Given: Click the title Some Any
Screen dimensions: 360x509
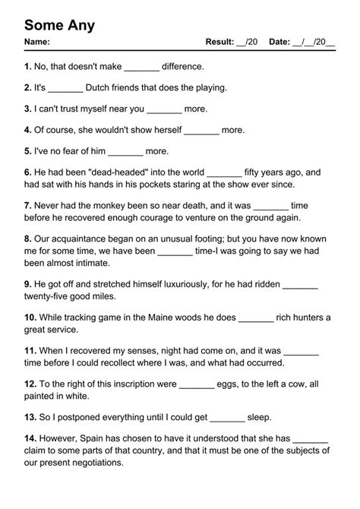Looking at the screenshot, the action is click(x=60, y=25).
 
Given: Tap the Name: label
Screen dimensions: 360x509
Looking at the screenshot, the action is click(x=37, y=42).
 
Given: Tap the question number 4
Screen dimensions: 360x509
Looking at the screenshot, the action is click(x=28, y=130).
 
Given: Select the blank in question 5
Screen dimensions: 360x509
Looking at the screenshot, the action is click(x=125, y=151).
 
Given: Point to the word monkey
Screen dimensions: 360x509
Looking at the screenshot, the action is click(x=113, y=204).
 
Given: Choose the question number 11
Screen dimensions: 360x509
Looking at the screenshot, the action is click(x=30, y=352).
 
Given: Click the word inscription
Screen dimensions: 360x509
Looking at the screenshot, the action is click(x=131, y=384).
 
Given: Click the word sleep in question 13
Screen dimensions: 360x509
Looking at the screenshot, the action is click(x=259, y=417).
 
